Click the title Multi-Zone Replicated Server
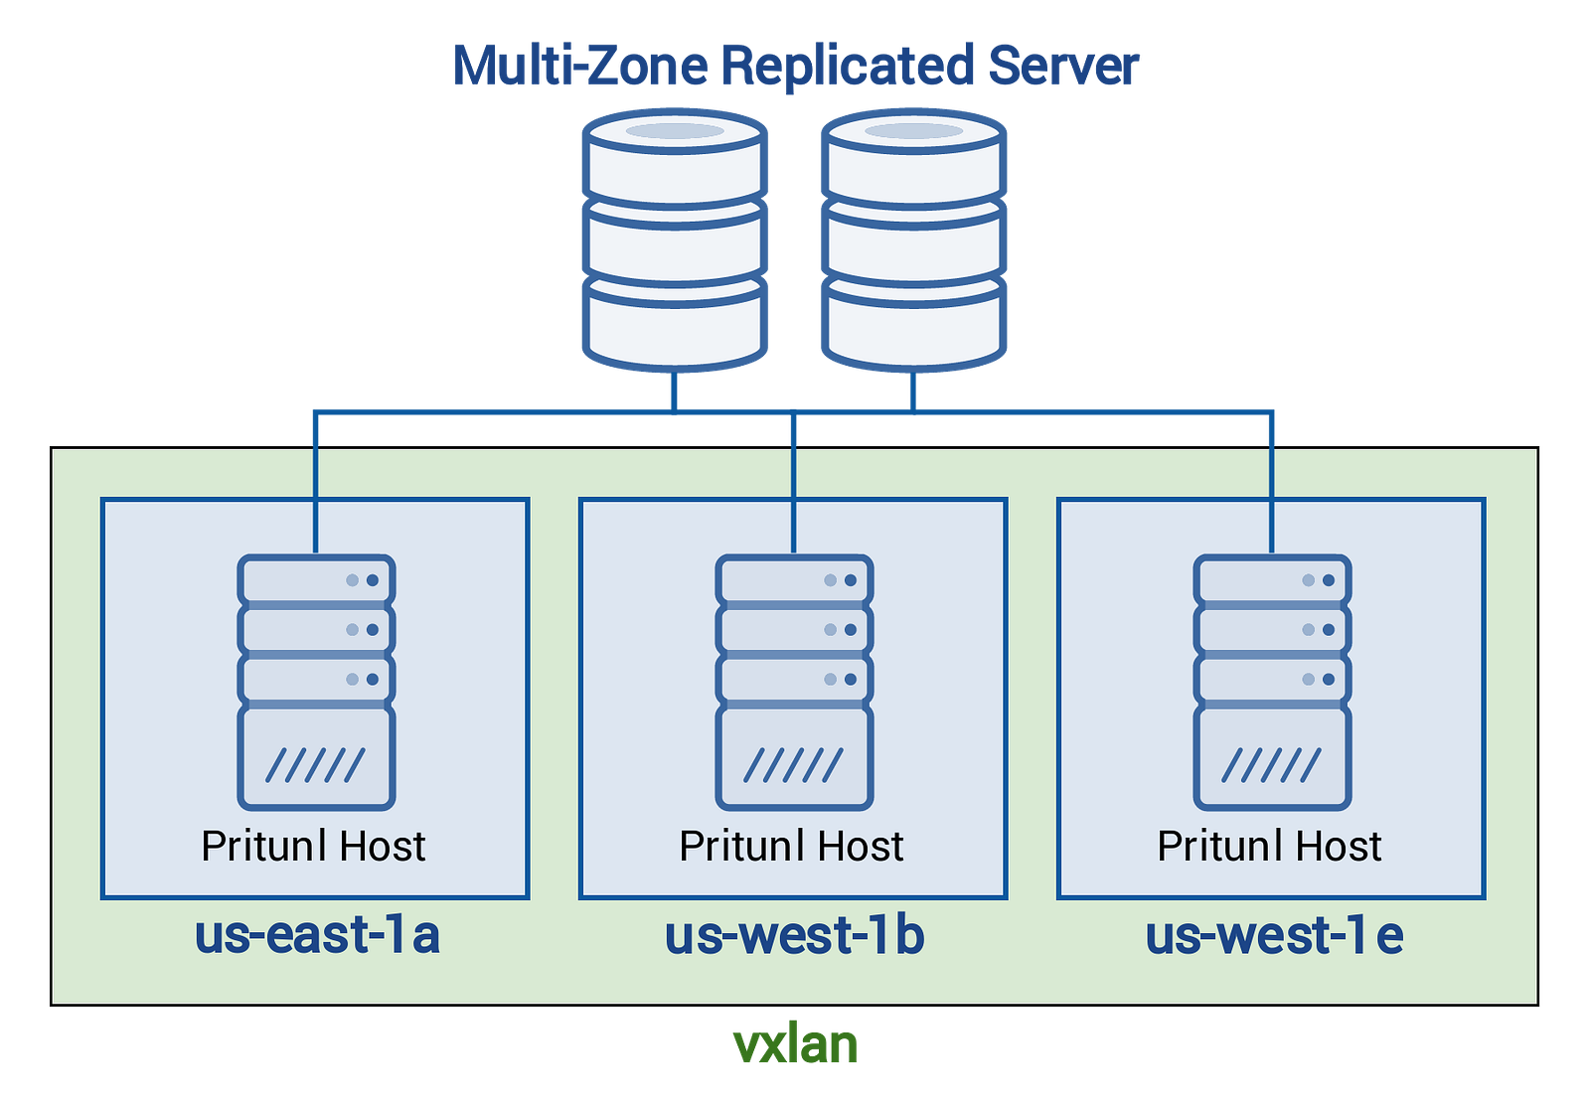(796, 66)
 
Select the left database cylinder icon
(675, 240)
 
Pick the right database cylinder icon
(913, 240)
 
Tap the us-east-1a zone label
(317, 935)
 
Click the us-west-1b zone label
(794, 935)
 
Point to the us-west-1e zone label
(1273, 935)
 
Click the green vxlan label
(795, 1044)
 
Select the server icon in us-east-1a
(316, 682)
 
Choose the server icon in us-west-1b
(794, 682)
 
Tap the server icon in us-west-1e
(1272, 682)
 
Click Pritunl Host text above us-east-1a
(313, 847)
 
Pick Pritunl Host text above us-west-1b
(791, 847)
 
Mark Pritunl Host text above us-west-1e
(1269, 847)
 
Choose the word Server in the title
(1064, 66)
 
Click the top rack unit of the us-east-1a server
(316, 580)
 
